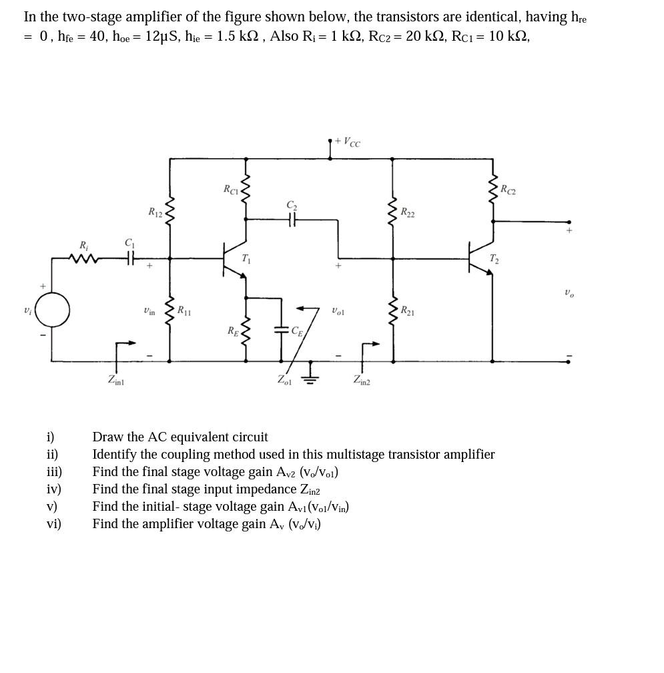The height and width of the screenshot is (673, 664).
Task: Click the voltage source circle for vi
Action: [52, 310]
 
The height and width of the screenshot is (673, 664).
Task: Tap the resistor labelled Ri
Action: [84, 257]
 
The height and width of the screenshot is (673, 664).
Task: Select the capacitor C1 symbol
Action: [130, 257]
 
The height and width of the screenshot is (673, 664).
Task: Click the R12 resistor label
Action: [155, 212]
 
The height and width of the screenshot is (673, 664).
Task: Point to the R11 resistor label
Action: [183, 310]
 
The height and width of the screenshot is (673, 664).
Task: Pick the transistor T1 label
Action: [246, 258]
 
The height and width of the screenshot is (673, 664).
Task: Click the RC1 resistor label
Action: [230, 190]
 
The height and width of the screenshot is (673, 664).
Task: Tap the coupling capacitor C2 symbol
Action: [292, 218]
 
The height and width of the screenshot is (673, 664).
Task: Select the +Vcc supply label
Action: [348, 142]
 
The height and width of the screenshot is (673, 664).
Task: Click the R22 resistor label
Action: [407, 212]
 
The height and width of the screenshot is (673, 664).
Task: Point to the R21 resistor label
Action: [407, 310]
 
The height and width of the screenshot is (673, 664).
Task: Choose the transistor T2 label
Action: [494, 259]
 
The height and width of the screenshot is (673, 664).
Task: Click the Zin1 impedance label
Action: [115, 381]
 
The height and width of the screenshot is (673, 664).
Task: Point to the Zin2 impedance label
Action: [362, 381]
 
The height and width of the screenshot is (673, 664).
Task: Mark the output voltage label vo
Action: [569, 292]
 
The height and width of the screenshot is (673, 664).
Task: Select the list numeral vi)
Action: [53, 524]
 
